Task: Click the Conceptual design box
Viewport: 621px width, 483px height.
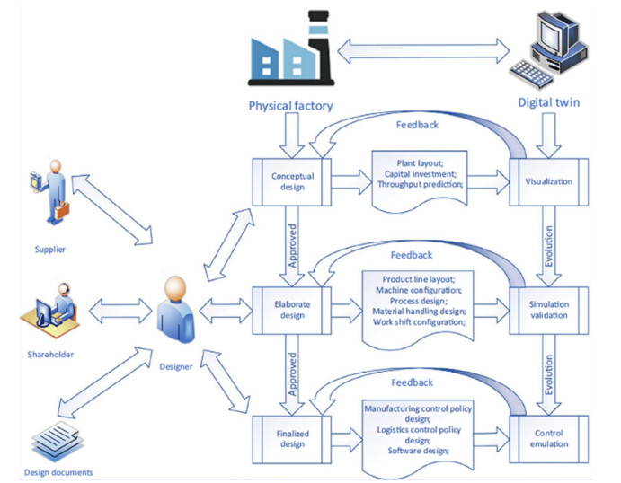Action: click(292, 182)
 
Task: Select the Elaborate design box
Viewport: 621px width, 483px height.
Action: click(292, 310)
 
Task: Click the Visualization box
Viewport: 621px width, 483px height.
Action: click(548, 182)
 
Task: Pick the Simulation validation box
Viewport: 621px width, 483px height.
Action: click(548, 311)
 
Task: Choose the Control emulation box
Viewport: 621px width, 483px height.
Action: click(548, 436)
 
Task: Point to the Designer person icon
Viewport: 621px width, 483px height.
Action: click(175, 311)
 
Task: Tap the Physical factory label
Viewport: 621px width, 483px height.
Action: click(290, 106)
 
